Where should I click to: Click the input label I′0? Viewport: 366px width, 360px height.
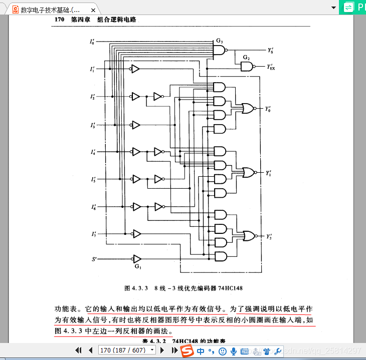coord(92,42)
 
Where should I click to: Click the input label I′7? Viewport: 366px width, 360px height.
coord(93,234)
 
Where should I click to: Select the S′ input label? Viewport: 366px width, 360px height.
coord(93,259)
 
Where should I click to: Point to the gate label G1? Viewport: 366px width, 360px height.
coord(138,267)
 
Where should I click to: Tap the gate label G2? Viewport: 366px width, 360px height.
coord(246,58)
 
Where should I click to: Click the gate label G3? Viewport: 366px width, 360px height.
coord(220,40)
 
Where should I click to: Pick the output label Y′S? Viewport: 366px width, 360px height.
coord(271,51)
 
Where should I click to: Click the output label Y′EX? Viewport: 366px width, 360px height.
coord(271,67)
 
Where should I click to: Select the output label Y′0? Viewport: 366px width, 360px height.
coord(268,109)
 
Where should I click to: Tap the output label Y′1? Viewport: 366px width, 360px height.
coord(269,173)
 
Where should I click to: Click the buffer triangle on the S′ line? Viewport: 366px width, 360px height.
coord(136,259)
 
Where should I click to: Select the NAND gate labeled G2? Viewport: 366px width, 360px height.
coord(246,66)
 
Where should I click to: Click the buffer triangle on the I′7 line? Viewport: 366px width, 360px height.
coord(136,233)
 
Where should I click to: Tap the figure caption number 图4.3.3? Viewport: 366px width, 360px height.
coord(136,289)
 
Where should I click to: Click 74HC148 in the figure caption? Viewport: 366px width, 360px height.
coord(231,289)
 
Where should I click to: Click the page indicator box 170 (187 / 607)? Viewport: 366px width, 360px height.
coord(126,350)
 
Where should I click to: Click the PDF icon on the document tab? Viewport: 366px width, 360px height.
coord(15,10)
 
